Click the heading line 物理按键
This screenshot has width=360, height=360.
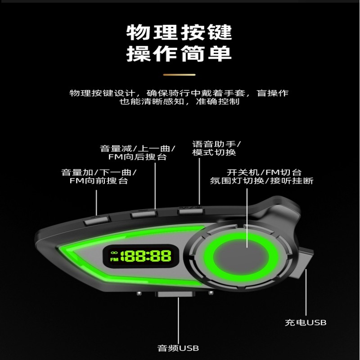[179, 33]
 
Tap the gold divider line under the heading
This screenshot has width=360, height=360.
[179, 75]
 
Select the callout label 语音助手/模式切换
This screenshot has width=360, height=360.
[216, 148]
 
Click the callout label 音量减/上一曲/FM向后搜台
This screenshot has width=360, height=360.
[137, 153]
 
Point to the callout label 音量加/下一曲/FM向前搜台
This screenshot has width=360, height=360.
[99, 176]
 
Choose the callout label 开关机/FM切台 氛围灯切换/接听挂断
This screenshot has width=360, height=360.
[262, 176]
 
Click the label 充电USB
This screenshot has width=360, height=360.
[306, 322]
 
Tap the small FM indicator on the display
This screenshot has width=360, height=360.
[114, 259]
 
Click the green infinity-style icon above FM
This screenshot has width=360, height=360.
[114, 252]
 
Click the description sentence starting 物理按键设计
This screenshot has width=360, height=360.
[179, 97]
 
